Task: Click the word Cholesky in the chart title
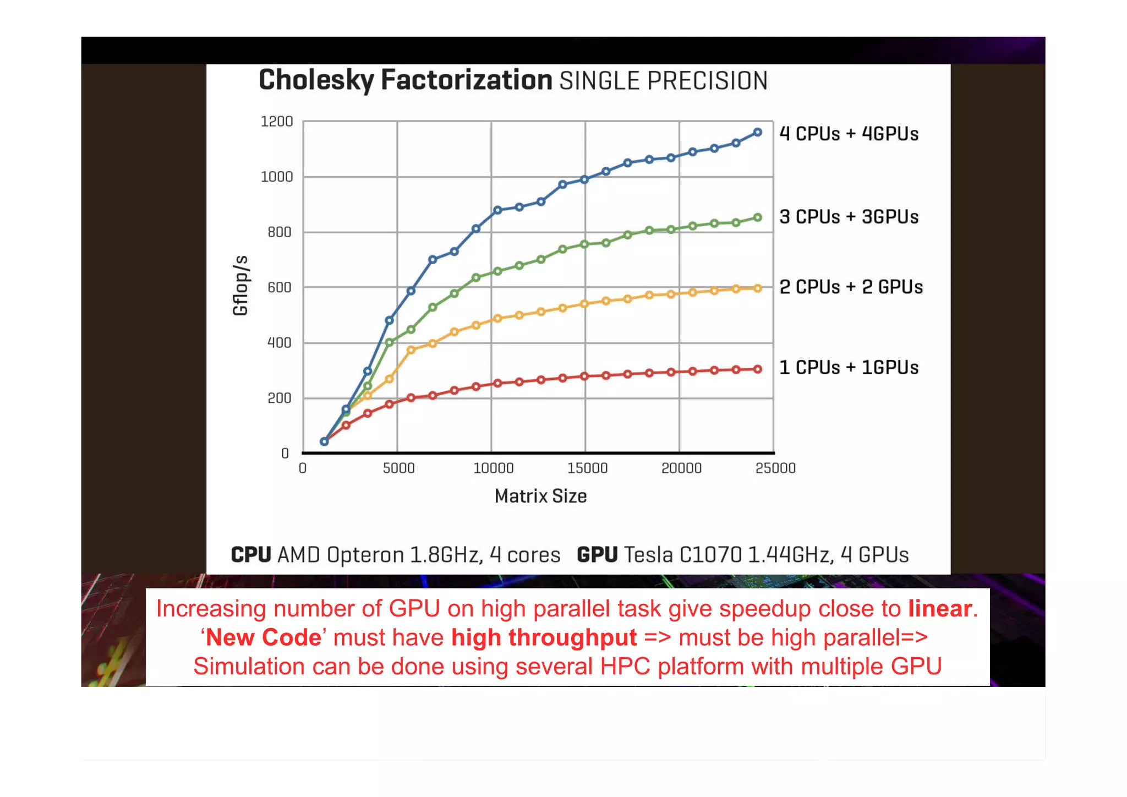pos(316,81)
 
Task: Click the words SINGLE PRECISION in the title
pos(663,81)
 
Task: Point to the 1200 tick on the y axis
pos(276,122)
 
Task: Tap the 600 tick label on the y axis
pos(279,288)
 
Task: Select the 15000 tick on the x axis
pos(587,468)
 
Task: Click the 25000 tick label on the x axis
pos(775,468)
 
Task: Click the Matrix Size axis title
pos(540,496)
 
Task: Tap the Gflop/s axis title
pos(240,286)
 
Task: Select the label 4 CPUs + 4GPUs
pos(849,134)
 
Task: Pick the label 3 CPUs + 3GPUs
pos(849,217)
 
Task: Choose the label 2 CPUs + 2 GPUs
pos(851,287)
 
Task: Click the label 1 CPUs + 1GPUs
pos(849,368)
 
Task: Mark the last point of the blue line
pos(757,133)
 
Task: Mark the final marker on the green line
pos(757,218)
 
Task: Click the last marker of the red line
pos(757,369)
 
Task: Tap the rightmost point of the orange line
pos(757,288)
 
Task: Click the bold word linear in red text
pos(939,609)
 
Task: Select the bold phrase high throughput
pos(544,638)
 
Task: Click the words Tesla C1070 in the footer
pos(683,555)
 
